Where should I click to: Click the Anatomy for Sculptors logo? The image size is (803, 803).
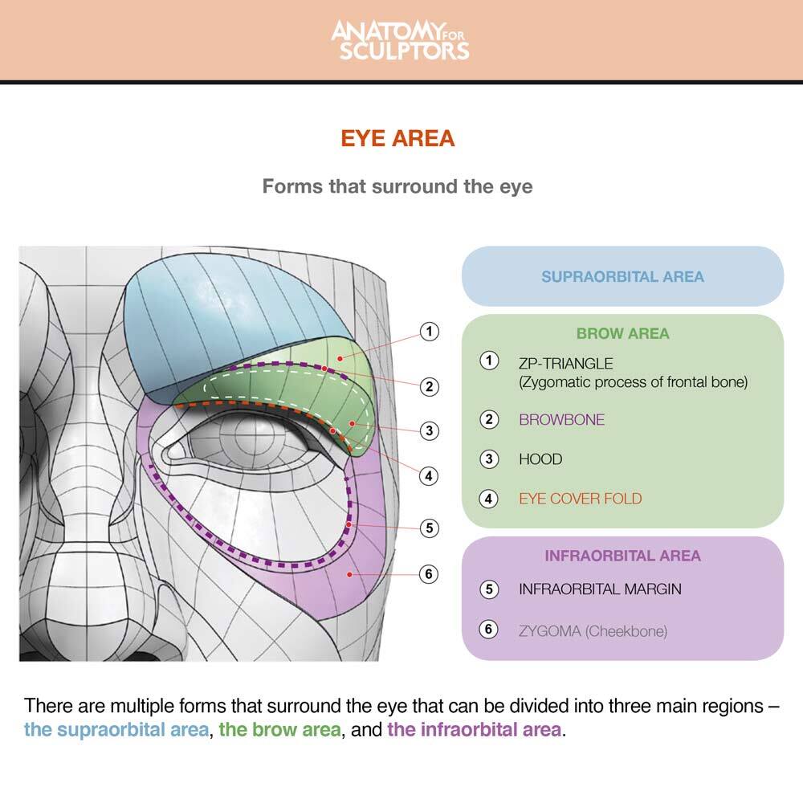[400, 40]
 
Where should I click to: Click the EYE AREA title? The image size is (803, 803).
[397, 138]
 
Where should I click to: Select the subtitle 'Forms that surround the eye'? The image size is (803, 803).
[397, 187]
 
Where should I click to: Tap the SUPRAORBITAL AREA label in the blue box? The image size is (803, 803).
[622, 277]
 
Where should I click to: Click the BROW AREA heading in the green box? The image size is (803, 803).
[622, 333]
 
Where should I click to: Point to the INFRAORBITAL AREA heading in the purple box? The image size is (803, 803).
[622, 556]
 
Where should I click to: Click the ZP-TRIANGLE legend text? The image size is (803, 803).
[565, 364]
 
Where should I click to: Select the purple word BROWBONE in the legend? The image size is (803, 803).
[561, 419]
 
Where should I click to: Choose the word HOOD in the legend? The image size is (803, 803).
[540, 459]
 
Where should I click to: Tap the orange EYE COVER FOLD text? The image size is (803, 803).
[580, 499]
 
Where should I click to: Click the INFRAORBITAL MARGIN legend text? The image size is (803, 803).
[600, 589]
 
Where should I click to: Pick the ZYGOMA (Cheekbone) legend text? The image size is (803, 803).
[593, 630]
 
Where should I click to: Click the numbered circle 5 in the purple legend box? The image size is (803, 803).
[489, 589]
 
